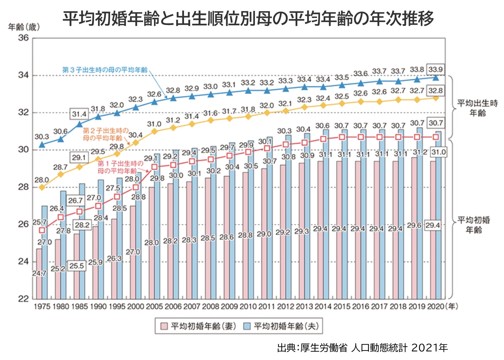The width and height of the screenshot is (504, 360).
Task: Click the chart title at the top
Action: click(x=248, y=18)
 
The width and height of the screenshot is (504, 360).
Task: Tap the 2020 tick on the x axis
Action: click(x=435, y=306)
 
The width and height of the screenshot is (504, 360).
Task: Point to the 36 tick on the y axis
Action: click(x=24, y=38)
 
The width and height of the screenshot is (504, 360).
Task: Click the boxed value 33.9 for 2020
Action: click(x=435, y=70)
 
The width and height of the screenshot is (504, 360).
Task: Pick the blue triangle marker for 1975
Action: click(x=42, y=144)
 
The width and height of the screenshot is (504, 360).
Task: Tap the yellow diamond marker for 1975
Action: click(x=42, y=187)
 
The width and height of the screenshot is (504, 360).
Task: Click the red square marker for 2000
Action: click(x=136, y=187)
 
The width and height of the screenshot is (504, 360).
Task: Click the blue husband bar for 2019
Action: click(x=420, y=212)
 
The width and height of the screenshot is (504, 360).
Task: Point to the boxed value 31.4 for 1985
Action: click(x=79, y=114)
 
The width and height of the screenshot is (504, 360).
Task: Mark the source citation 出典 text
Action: click(x=362, y=348)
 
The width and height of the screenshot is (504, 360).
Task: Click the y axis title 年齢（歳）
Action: click(x=24, y=27)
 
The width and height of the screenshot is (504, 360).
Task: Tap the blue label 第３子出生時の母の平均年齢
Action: click(x=105, y=70)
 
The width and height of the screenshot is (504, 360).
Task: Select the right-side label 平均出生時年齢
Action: click(x=477, y=108)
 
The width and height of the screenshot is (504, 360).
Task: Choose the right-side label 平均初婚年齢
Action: click(x=474, y=225)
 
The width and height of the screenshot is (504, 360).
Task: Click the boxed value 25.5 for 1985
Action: click(x=77, y=266)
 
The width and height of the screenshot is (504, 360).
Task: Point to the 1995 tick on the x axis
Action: click(x=117, y=306)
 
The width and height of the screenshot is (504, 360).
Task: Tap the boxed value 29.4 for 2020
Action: click(x=432, y=226)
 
